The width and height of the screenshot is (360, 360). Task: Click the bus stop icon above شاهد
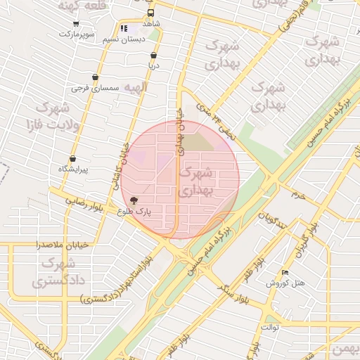(x=150, y=13)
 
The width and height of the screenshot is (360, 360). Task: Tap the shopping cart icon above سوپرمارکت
(x=76, y=23)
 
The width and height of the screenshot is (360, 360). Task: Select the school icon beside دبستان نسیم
(x=124, y=29)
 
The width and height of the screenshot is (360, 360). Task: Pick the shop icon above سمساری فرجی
(x=95, y=77)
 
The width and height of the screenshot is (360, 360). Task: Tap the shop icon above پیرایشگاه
(x=73, y=159)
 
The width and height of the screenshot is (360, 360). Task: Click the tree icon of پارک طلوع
(x=134, y=200)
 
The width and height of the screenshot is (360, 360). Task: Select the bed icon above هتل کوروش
(x=284, y=272)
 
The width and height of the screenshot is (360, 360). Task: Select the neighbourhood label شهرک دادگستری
(x=53, y=273)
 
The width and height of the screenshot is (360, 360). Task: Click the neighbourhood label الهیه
(x=135, y=88)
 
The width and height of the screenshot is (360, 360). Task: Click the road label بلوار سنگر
(x=233, y=286)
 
